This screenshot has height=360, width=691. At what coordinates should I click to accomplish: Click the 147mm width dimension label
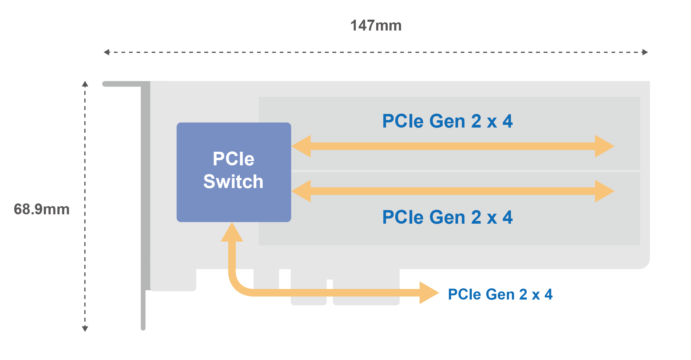tap(376, 26)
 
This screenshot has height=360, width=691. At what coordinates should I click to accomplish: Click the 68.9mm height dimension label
tap(42, 209)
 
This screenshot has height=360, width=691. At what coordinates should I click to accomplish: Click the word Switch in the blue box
tap(233, 182)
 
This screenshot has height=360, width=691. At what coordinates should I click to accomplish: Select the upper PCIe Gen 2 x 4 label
tap(447, 121)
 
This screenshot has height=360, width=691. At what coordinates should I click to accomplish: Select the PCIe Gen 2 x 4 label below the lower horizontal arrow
tap(447, 217)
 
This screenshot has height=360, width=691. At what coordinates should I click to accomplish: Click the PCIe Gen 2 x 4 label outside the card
tap(500, 294)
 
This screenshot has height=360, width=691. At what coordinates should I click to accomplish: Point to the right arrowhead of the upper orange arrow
tap(604, 146)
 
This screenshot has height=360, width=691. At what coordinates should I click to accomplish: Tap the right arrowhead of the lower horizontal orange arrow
tap(604, 191)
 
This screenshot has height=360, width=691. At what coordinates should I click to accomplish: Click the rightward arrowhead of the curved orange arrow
tap(428, 293)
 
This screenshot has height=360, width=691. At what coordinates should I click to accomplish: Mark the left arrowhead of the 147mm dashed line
tap(106, 52)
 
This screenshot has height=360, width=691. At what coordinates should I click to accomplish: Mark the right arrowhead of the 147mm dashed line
tap(645, 52)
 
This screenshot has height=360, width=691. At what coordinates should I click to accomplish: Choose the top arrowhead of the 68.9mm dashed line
tap(85, 84)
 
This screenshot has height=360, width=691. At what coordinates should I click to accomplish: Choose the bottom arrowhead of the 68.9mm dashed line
tap(85, 329)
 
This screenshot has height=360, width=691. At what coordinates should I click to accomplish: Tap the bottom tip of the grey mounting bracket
tap(143, 328)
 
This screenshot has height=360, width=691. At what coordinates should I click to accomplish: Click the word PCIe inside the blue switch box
tap(233, 159)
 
